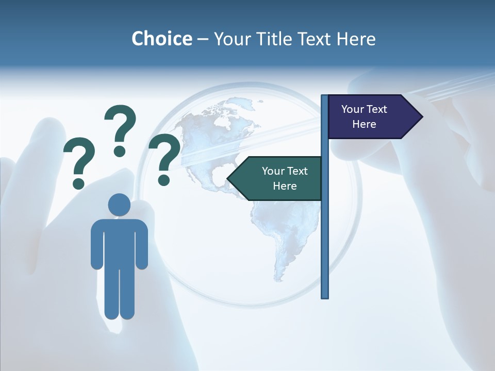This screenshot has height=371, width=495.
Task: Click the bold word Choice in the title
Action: click(161, 39)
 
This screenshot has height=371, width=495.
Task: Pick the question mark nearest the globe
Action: click(164, 158)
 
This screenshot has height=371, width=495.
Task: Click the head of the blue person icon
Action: click(119, 205)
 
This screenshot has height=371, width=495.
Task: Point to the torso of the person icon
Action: click(119, 242)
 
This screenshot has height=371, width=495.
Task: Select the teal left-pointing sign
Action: click(278, 178)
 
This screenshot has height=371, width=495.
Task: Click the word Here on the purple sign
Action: click(364, 124)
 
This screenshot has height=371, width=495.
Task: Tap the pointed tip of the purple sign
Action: click(422, 116)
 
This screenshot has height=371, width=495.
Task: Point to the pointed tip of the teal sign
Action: click(228, 178)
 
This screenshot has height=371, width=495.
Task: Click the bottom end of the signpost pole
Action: click(324, 296)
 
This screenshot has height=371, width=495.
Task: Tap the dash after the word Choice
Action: click(203, 39)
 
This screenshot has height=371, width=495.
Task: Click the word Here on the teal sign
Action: click(285, 186)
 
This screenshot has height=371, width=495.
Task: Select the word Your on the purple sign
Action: click(352, 109)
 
